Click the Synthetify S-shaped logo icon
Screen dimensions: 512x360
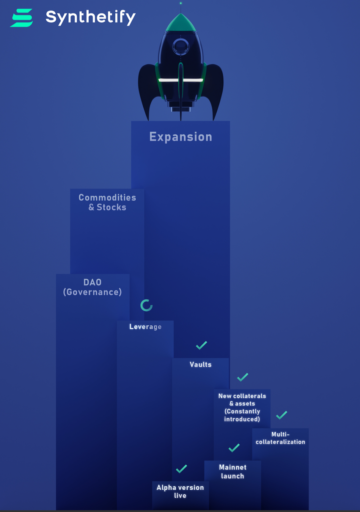pyautogui.click(x=22, y=18)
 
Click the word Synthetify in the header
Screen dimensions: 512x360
pyautogui.click(x=91, y=17)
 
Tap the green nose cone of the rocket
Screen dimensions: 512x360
pyautogui.click(x=181, y=23)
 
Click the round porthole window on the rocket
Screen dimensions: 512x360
pyautogui.click(x=181, y=47)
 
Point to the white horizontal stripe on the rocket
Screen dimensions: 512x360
pyautogui.click(x=181, y=80)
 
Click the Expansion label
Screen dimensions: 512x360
pyautogui.click(x=181, y=137)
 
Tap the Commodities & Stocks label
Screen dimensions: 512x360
pyautogui.click(x=107, y=202)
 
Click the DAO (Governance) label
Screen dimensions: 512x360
pyautogui.click(x=92, y=287)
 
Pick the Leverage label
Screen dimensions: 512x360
pyautogui.click(x=145, y=327)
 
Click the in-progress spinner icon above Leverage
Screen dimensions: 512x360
pyautogui.click(x=147, y=305)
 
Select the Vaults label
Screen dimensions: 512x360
pyautogui.click(x=201, y=364)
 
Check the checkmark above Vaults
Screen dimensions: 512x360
pyautogui.click(x=202, y=345)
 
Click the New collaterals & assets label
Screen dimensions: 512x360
pyautogui.click(x=242, y=407)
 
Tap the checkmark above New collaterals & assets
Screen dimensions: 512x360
pyautogui.click(x=243, y=377)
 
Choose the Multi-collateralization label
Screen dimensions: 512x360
pyautogui.click(x=280, y=438)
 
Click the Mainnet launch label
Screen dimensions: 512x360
pyautogui.click(x=233, y=472)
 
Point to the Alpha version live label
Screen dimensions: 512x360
pyautogui.click(x=180, y=492)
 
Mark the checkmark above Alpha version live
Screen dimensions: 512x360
pyautogui.click(x=181, y=469)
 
